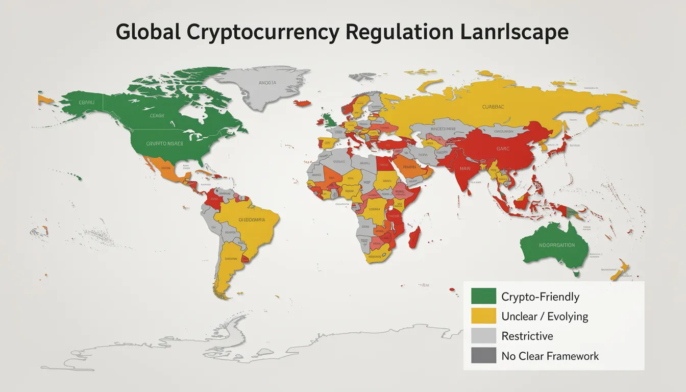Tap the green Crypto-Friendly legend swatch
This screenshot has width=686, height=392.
[x=483, y=296]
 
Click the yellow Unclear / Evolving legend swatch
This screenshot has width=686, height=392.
[x=483, y=316]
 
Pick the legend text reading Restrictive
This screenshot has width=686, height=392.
[x=527, y=336]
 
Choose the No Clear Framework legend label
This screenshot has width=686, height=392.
[x=550, y=356]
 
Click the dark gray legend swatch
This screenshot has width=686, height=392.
[x=483, y=355]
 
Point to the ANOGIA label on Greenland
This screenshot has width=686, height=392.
[x=267, y=82]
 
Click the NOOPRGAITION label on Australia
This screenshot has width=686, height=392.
[x=556, y=245]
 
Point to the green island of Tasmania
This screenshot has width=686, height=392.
[x=576, y=274]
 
